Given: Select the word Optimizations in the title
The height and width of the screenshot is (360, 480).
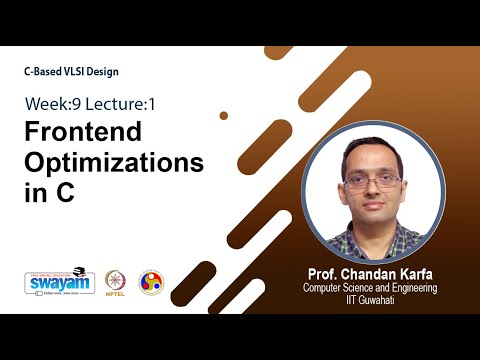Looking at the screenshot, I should pos(113,163).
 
